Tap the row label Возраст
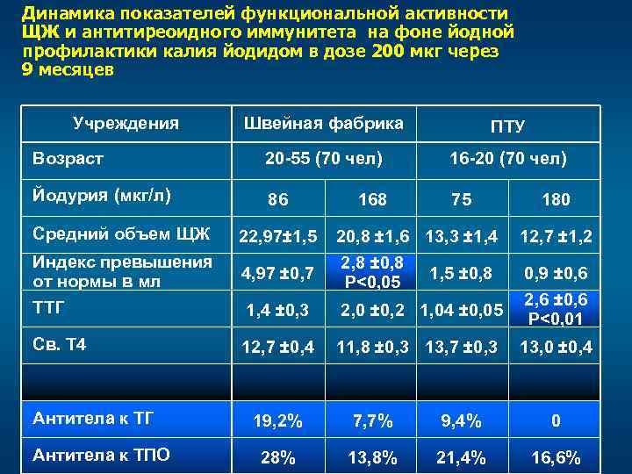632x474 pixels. point(68,159)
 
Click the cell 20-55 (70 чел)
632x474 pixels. point(324,159)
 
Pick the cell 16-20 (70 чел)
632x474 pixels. point(507,159)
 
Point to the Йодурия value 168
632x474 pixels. point(372,200)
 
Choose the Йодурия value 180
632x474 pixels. point(556,200)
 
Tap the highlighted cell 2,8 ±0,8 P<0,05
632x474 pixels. point(372,272)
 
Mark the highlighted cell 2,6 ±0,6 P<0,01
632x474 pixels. point(556,308)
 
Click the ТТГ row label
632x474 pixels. point(49,308)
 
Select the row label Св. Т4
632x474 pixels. point(60,345)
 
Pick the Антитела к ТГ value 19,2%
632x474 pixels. point(276,421)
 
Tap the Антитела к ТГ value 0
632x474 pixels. point(556,421)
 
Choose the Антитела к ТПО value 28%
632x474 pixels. point(276,457)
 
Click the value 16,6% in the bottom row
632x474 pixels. point(556,457)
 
